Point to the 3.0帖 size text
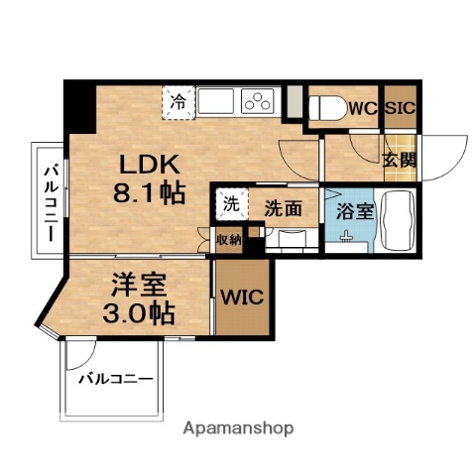pyautogui.click(x=139, y=314)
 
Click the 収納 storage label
pyautogui.click(x=228, y=239)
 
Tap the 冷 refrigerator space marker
pyautogui.click(x=178, y=101)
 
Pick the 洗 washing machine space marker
pyautogui.click(x=230, y=205)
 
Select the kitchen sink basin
pyautogui.click(x=213, y=100)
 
